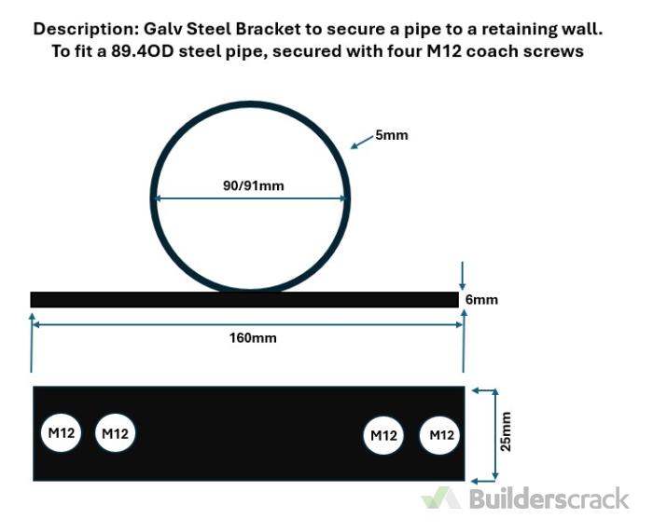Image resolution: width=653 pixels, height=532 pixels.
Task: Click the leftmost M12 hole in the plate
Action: [61, 432]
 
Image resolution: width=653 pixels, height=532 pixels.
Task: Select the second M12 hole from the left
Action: [115, 433]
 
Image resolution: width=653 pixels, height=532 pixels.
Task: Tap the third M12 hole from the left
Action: [383, 435]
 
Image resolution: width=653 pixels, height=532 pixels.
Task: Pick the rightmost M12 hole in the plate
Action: [439, 435]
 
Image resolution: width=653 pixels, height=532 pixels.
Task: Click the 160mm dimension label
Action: [253, 338]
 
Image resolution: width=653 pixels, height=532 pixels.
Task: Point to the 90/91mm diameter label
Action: [253, 185]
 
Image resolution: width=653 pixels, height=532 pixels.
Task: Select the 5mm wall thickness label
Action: [392, 135]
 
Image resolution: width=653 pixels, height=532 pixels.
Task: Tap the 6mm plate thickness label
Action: [481, 299]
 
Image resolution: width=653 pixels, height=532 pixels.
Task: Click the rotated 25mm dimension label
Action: [506, 431]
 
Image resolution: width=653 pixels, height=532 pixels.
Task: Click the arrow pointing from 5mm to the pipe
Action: [362, 142]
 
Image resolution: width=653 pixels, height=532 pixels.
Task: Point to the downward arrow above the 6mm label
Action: [462, 276]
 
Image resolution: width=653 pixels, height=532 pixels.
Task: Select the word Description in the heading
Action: [85, 29]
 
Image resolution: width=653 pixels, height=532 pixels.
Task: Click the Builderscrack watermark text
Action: [549, 498]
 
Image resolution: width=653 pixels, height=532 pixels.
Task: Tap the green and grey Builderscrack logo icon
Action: [441, 498]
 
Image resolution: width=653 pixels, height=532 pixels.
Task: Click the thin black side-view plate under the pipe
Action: [244, 299]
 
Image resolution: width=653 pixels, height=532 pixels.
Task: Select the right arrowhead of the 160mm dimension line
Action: [460, 324]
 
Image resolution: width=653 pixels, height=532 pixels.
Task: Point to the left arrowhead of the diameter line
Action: [157, 198]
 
